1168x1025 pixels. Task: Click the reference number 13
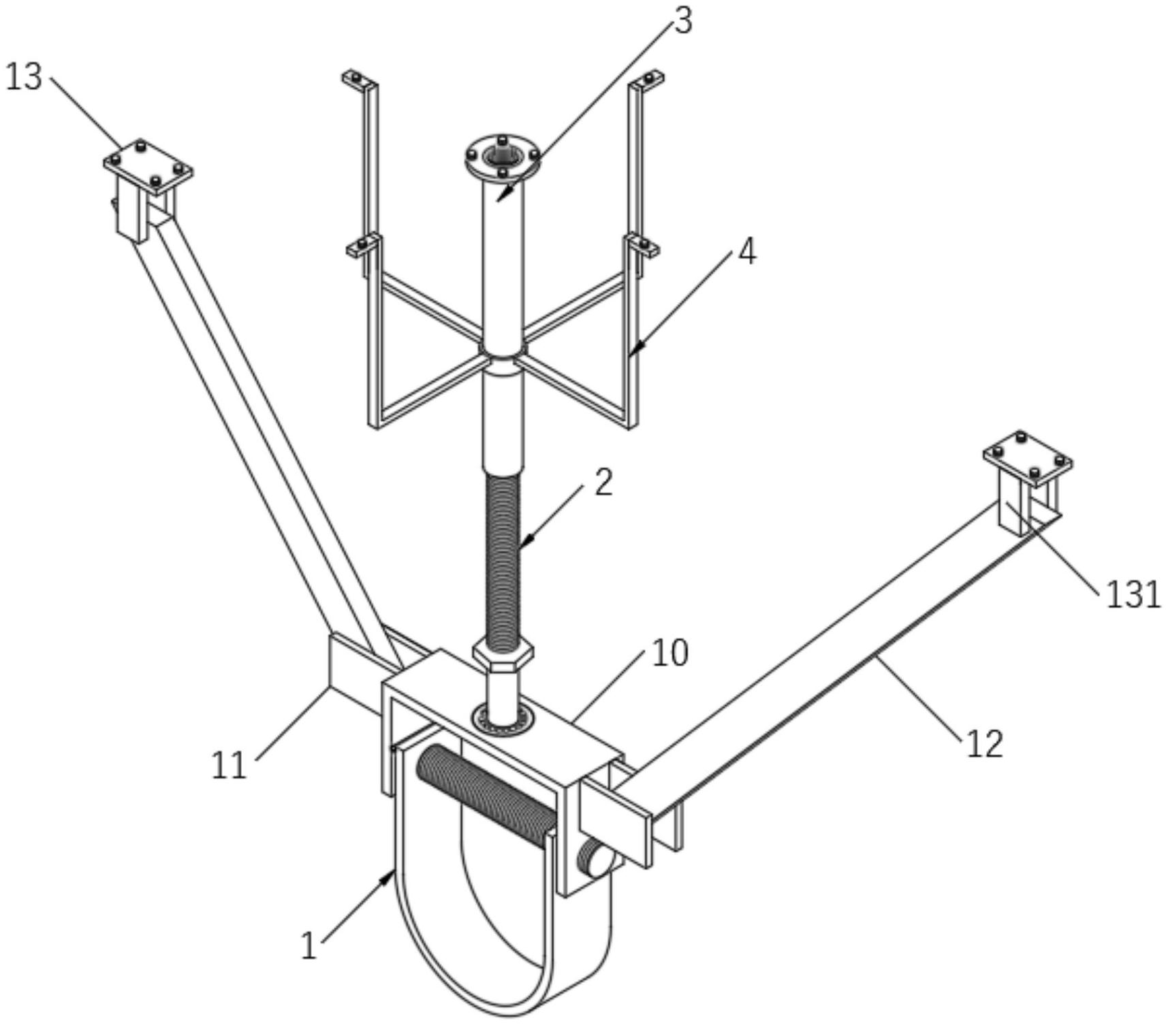tap(24, 77)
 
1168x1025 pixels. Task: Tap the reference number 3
tap(682, 20)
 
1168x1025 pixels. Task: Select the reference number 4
tap(747, 253)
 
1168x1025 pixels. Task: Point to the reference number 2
tap(603, 483)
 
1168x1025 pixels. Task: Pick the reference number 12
tap(985, 743)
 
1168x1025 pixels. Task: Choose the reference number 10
tap(670, 653)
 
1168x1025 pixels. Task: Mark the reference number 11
tap(228, 766)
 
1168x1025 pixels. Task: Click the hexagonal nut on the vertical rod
tap(503, 655)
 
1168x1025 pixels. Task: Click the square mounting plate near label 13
tap(148, 165)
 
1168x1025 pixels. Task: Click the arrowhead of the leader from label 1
tap(390, 876)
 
